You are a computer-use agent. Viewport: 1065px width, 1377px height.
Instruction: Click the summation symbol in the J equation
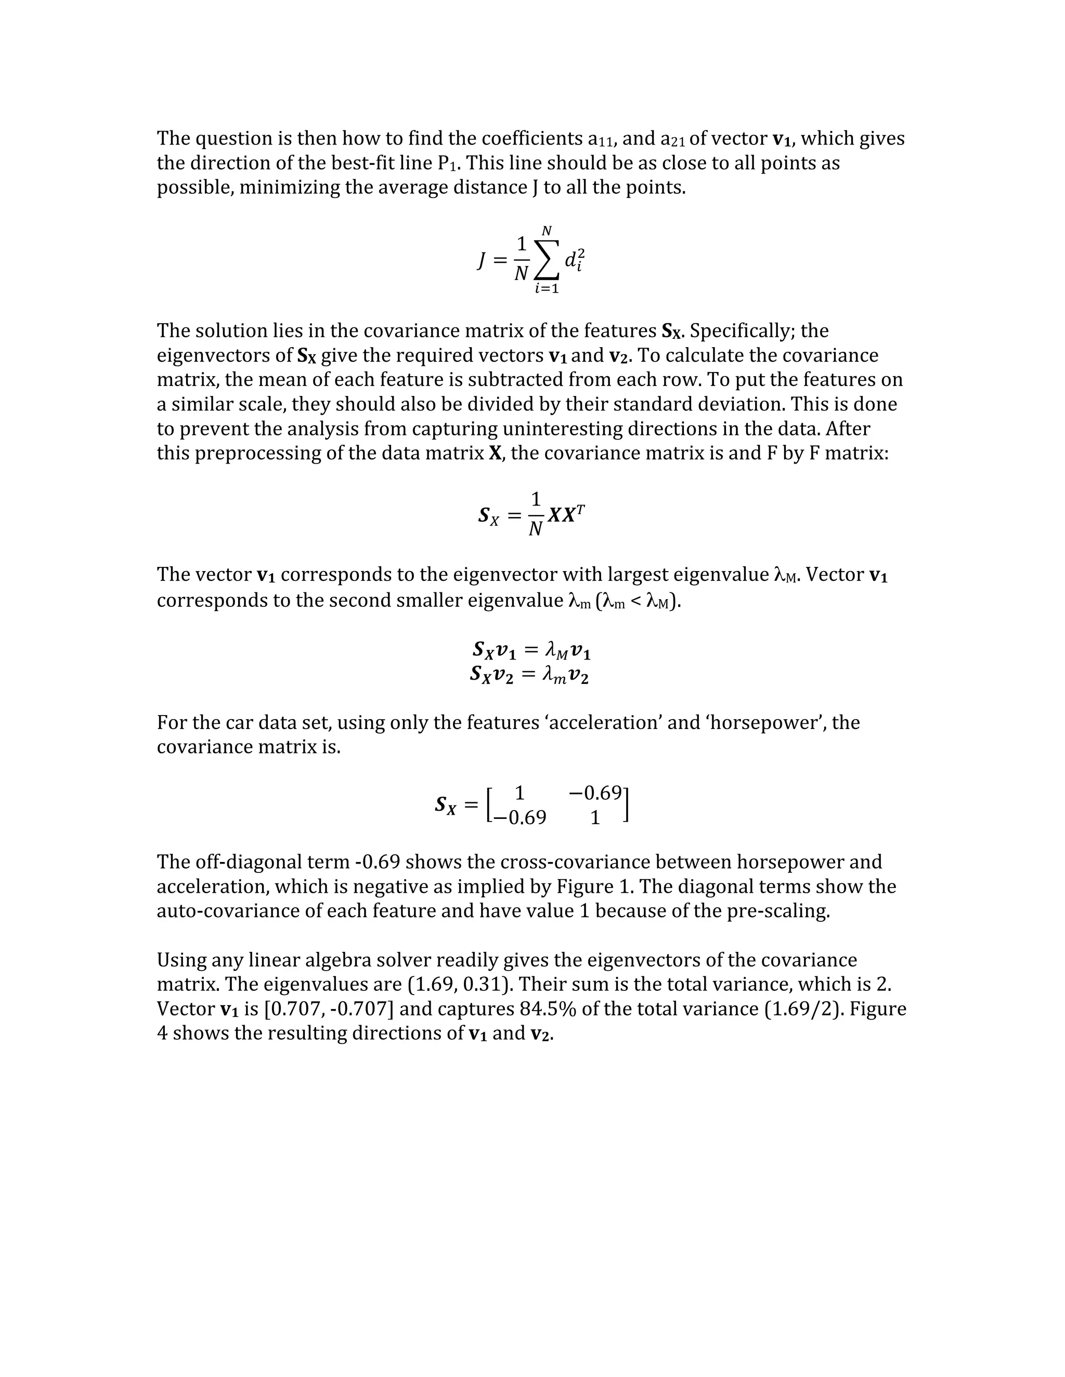[x=547, y=260]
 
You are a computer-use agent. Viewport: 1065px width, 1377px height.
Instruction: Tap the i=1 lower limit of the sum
[x=547, y=289]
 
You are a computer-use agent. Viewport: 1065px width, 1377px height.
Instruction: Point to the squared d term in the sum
[x=574, y=260]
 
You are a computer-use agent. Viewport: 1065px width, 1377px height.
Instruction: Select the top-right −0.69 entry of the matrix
[x=595, y=792]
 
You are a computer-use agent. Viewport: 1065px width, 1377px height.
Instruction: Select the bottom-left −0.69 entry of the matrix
[x=520, y=818]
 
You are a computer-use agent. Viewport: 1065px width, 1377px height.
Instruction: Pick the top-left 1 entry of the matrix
[x=520, y=792]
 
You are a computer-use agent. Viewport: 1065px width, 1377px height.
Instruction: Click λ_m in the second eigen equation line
[x=553, y=676]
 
